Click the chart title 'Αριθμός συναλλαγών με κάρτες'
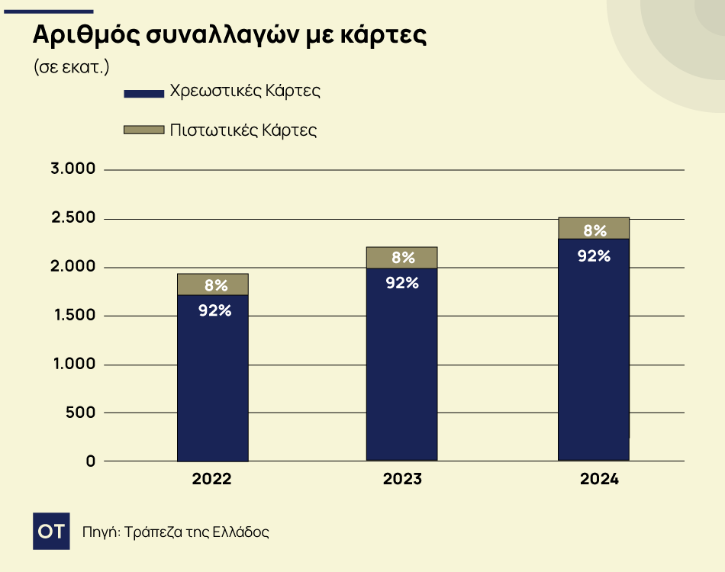(228, 37)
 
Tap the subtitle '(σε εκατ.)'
(72, 66)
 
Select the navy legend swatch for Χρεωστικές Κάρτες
(143, 93)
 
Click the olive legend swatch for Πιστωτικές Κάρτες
(143, 130)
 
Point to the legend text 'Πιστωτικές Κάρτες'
(243, 130)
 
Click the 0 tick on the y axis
(90, 461)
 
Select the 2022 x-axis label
(212, 480)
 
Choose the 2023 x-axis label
(402, 480)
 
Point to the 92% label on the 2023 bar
(402, 283)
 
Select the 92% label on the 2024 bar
(594, 255)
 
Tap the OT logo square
(51, 532)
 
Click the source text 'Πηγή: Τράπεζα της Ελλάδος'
(176, 532)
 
